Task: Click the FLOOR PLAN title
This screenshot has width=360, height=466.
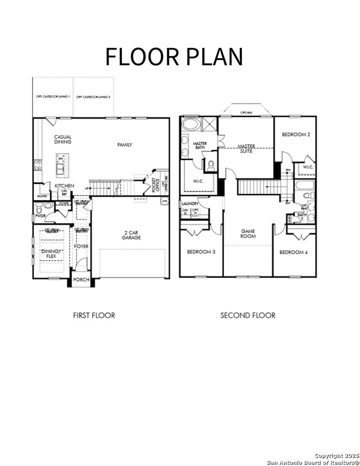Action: click(x=173, y=57)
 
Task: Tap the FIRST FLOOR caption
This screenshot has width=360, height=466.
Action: click(x=93, y=315)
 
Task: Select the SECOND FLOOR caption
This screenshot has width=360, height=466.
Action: click(x=248, y=315)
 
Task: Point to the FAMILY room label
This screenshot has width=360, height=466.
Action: click(x=124, y=145)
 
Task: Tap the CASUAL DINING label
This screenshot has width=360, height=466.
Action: click(x=63, y=139)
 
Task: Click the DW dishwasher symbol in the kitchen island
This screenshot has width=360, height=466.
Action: click(x=61, y=159)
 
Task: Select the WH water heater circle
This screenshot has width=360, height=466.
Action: click(x=164, y=201)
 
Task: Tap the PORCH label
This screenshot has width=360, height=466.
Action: click(x=81, y=280)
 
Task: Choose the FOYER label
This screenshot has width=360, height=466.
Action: click(x=81, y=247)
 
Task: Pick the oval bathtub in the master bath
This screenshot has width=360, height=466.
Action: click(x=190, y=125)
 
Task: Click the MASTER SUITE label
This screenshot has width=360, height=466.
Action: click(x=245, y=148)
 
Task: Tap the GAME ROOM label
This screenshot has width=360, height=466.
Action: click(x=248, y=234)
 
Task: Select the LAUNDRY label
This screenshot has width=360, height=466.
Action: click(x=190, y=204)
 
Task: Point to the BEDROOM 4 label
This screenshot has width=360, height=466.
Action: click(x=293, y=252)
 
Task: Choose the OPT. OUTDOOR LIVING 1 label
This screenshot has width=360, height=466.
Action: click(x=52, y=96)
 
